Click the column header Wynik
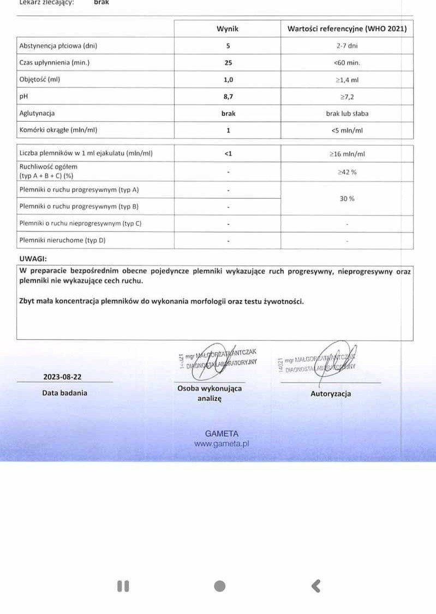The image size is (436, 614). point(228,29)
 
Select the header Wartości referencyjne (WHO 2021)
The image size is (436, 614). point(347,29)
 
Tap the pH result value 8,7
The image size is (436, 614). point(228,97)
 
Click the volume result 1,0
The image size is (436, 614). point(228,80)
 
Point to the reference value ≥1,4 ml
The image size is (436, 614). point(347,80)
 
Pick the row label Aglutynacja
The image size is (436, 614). point(37,114)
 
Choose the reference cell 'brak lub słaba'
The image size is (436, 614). point(347,114)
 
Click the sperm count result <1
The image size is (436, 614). point(228,153)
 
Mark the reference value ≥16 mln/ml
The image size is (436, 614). point(347,154)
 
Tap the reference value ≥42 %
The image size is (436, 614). point(347,172)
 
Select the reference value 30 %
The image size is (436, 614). point(347,199)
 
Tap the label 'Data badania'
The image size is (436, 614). point(64,392)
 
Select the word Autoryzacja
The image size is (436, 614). point(331,394)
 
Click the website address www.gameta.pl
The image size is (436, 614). point(222,444)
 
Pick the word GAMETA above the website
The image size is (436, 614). point(222,433)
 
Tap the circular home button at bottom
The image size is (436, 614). point(220,586)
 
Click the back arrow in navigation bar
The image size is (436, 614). point(316,586)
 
